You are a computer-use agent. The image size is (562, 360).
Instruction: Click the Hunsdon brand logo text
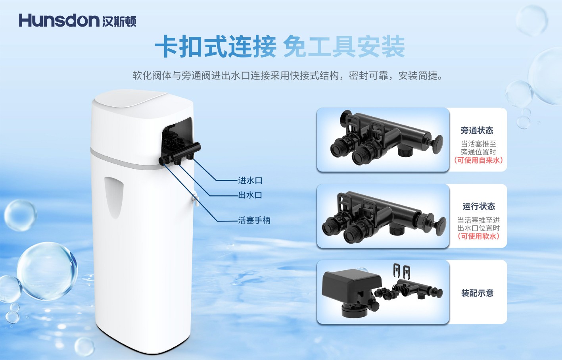point(59,20)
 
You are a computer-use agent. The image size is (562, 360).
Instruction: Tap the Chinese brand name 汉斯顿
point(119,21)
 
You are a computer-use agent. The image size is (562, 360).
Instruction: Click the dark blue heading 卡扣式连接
point(216,47)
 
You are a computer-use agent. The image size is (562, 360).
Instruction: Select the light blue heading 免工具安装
point(344,47)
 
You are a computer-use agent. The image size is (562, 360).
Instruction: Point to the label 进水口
point(250,180)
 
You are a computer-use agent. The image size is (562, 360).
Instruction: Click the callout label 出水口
point(250,195)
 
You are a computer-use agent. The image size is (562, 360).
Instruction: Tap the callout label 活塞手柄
point(254,220)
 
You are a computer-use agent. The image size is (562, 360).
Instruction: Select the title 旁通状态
point(477,130)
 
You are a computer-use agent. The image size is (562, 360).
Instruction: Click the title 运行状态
point(479,206)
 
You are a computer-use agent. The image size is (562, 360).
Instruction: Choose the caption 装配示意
point(477,293)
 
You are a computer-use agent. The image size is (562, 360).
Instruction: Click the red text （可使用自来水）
point(479,160)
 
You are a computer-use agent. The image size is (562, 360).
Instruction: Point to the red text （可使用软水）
point(479,236)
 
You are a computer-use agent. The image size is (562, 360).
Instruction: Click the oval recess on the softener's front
point(114,197)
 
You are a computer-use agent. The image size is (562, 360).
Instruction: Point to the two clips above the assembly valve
point(401,270)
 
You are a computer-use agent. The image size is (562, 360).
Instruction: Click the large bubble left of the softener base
point(48,271)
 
